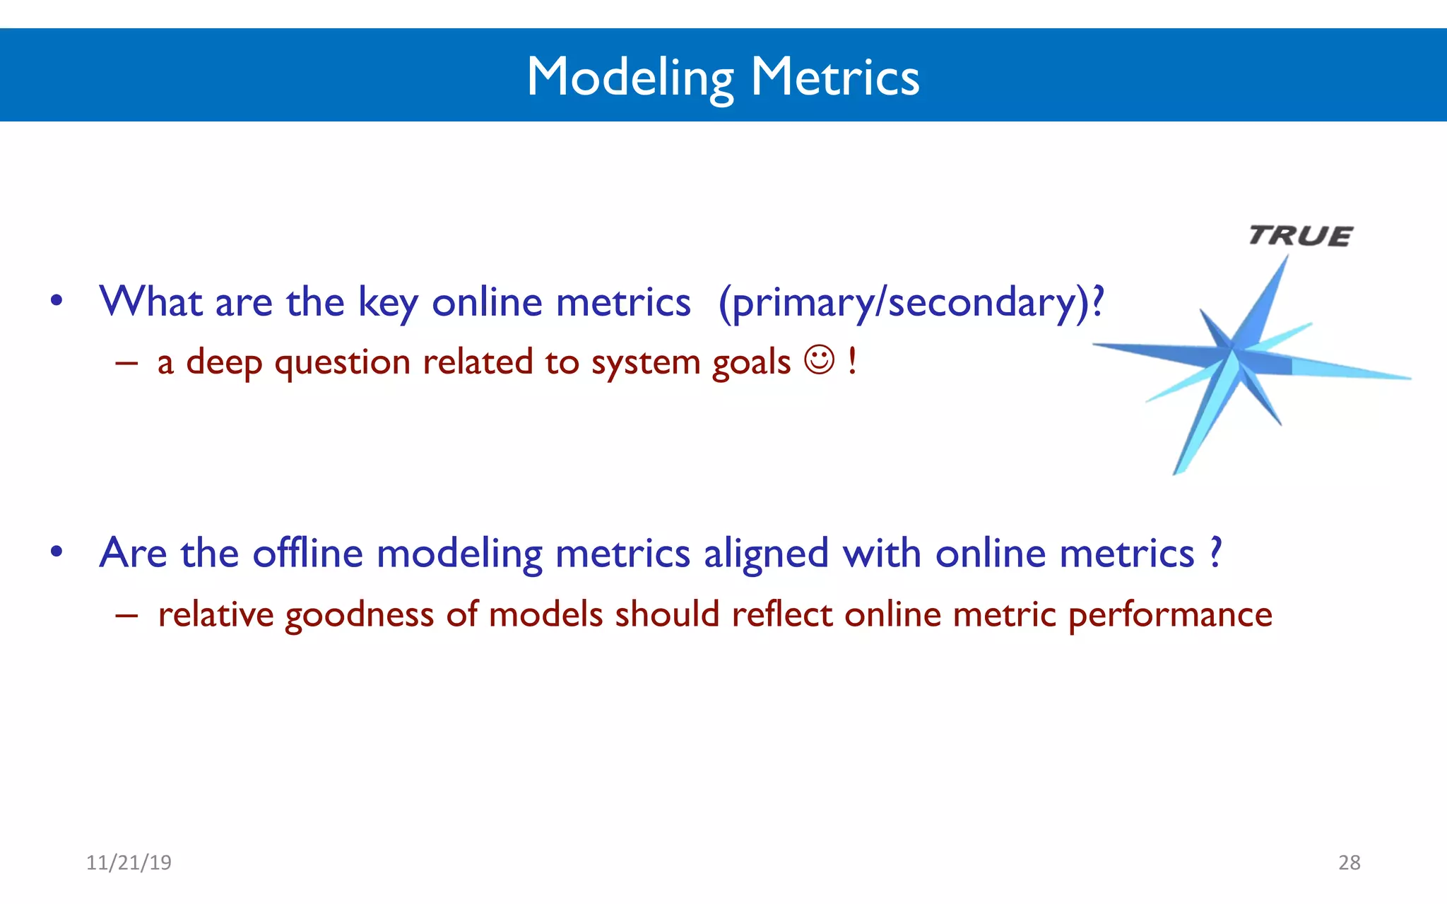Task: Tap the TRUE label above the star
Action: pos(1300,235)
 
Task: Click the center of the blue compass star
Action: pos(1232,350)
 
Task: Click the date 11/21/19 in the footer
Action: pos(129,862)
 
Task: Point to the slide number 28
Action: pos(1349,862)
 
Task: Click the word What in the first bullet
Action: pos(150,302)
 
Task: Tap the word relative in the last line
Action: pos(215,614)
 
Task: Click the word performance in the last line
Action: pos(1169,615)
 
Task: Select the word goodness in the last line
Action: pos(359,615)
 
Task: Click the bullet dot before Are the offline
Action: pos(57,552)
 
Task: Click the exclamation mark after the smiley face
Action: pos(852,360)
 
